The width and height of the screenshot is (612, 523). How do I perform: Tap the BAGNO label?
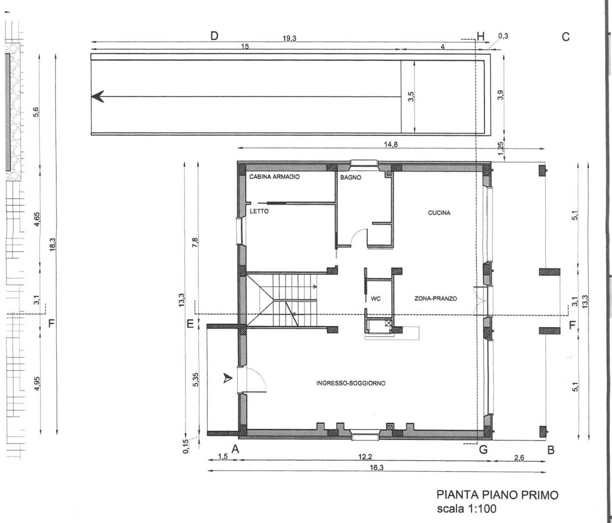[x=350, y=177]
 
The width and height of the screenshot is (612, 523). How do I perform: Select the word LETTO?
[x=259, y=211]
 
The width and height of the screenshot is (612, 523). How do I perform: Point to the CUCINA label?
[x=439, y=213]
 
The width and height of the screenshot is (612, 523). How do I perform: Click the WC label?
[x=376, y=299]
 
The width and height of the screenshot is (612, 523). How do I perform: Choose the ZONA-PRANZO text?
[x=436, y=299]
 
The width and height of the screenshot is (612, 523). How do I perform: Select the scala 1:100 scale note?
[x=466, y=509]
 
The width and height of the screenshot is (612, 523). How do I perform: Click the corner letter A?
[x=236, y=449]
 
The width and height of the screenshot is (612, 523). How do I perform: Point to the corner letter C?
[x=566, y=36]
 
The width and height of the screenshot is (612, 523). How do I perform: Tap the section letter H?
[x=480, y=36]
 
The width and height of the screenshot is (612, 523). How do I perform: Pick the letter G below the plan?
[x=482, y=450]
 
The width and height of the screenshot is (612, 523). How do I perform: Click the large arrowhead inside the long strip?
[x=98, y=97]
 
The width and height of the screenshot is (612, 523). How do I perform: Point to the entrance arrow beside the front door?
[x=228, y=379]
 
